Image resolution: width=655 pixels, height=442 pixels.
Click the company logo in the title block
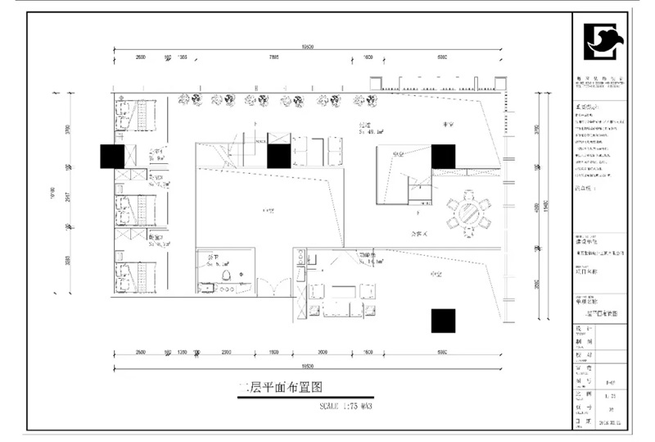point(605,42)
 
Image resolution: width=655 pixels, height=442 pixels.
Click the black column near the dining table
point(443,155)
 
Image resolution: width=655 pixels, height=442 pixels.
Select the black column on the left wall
point(112,156)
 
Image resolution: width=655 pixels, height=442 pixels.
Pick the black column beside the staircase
point(279,156)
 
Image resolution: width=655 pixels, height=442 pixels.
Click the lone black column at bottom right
point(444,320)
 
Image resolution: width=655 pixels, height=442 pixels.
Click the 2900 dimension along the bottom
point(226,352)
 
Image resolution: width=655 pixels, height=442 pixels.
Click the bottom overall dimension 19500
point(308,365)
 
